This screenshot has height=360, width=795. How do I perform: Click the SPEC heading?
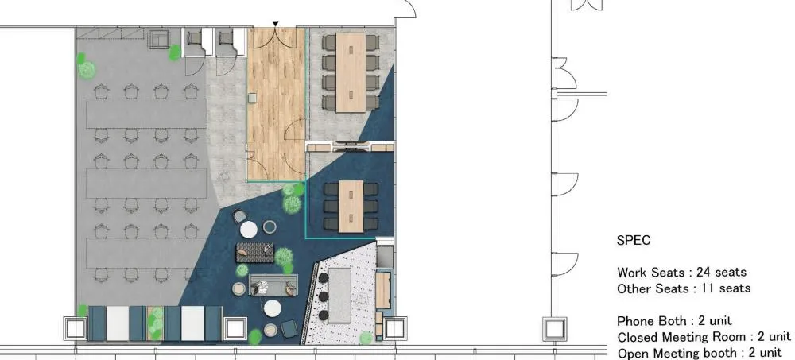click(x=634, y=240)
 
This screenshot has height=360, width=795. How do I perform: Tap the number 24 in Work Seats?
click(x=704, y=272)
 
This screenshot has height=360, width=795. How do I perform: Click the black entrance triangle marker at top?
click(x=275, y=24)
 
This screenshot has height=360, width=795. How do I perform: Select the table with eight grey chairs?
click(x=351, y=72)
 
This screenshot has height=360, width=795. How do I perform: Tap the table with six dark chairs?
click(x=351, y=206)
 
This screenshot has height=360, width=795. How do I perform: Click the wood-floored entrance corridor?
click(x=277, y=104)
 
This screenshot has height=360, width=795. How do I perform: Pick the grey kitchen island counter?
click(x=339, y=295)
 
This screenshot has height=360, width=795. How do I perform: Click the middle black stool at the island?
click(x=323, y=296)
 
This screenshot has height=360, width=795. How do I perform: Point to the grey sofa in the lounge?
click(x=273, y=285)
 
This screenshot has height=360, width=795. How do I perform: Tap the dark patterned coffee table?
click(x=255, y=253)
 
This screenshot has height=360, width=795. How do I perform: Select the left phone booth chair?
click(x=195, y=37)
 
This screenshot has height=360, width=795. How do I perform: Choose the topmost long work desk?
click(x=146, y=114)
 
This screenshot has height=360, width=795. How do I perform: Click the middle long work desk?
click(x=146, y=183)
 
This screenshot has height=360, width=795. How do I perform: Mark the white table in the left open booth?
click(x=118, y=323)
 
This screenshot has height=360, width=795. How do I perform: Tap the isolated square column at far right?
click(x=555, y=328)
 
